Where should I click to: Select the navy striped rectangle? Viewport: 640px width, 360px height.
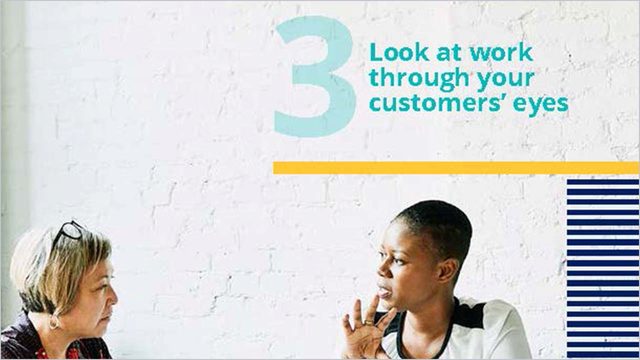click(x=602, y=267)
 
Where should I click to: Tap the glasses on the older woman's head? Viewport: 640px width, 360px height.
click(x=68, y=233)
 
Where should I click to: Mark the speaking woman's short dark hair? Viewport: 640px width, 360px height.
click(x=435, y=225)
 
